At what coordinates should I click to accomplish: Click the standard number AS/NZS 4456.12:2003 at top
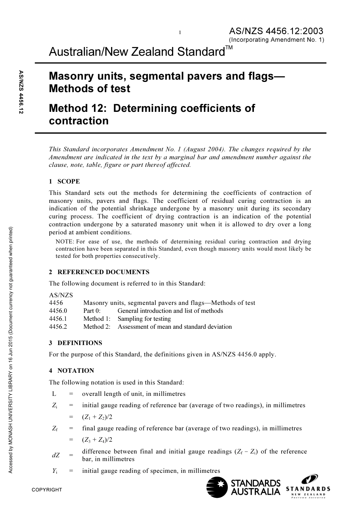276,31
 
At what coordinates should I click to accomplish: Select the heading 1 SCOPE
64,181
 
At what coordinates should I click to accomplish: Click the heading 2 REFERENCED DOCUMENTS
99,272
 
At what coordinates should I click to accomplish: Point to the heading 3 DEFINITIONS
75,343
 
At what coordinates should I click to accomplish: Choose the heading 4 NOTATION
71,370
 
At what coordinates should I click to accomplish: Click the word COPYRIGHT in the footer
47,490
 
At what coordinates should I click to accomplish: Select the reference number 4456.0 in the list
58,311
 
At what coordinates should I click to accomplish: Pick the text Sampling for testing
144,319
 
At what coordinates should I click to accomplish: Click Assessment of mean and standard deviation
175,327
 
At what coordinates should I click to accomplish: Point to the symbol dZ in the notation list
55,455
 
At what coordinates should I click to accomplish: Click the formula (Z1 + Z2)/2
97,417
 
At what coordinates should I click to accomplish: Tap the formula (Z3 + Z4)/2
97,440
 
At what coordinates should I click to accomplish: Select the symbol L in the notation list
54,394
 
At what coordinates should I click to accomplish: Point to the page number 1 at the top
180,33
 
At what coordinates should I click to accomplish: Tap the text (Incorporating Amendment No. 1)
276,39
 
